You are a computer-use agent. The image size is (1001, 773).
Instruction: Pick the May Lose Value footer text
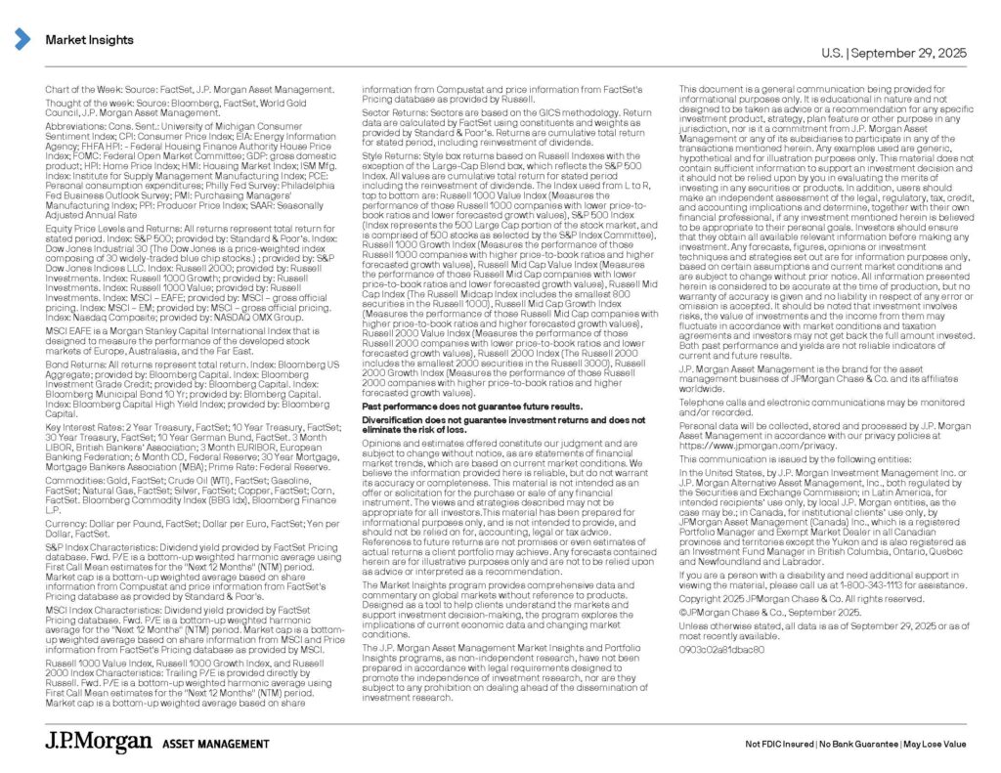(935, 744)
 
